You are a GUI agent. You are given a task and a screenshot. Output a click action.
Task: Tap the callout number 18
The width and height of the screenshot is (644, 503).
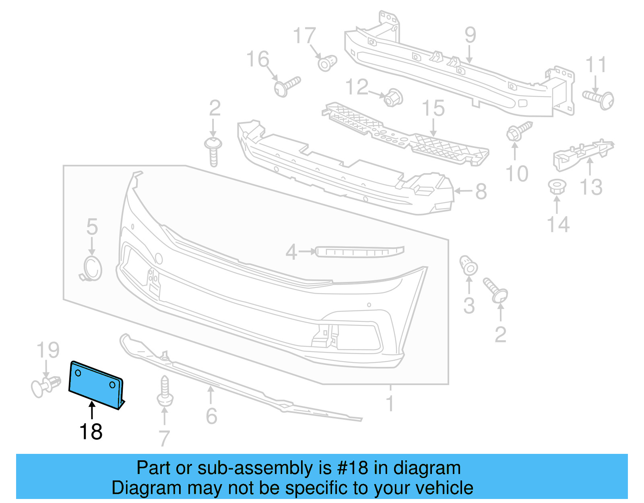pyautogui.click(x=91, y=432)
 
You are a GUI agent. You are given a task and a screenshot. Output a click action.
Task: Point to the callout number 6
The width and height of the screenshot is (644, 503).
pyautogui.click(x=211, y=416)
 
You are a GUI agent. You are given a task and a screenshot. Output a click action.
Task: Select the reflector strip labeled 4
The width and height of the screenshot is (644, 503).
pyautogui.click(x=359, y=252)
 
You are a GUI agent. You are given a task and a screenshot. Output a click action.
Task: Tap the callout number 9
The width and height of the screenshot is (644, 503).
pyautogui.click(x=470, y=35)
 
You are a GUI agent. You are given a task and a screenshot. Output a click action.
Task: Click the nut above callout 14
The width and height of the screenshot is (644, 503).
pyautogui.click(x=557, y=187)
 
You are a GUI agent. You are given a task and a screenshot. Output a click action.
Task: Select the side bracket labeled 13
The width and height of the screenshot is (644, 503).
pyautogui.click(x=582, y=153)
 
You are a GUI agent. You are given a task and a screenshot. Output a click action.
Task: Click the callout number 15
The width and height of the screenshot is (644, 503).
pyautogui.click(x=433, y=109)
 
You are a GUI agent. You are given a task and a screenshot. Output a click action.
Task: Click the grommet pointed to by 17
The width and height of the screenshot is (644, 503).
pyautogui.click(x=327, y=63)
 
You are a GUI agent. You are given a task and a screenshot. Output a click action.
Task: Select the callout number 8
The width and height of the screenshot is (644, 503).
pyautogui.click(x=481, y=191)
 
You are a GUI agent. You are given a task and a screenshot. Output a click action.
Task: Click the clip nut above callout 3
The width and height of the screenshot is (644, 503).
pyautogui.click(x=468, y=265)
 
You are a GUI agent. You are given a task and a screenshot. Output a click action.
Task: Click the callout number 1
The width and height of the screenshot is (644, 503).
pyautogui.click(x=389, y=403)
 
